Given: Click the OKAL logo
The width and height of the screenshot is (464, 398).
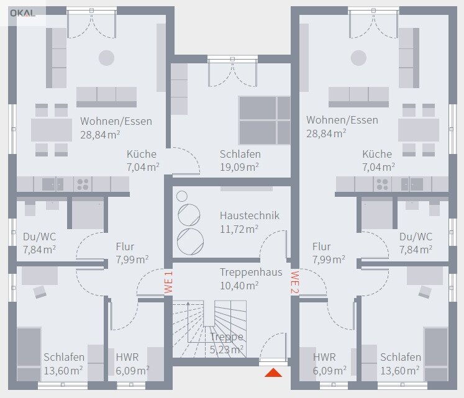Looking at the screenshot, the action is point(22,13).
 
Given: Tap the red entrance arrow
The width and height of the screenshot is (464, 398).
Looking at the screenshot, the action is point(273,373).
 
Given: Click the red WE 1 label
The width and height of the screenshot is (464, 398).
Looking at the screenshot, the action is point(168,283).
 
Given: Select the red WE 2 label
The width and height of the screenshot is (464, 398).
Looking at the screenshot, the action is point(295,283).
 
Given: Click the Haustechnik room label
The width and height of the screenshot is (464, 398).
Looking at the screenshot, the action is point(250,215).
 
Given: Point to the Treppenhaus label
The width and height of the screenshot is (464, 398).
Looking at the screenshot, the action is point(251,272).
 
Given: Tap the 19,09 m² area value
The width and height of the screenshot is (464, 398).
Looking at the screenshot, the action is point(239,167).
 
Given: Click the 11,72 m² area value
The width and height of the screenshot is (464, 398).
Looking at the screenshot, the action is point(239,229).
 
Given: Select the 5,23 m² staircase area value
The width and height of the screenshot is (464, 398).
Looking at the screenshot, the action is point(227,350).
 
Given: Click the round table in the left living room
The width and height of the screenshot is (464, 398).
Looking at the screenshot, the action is point(107,58).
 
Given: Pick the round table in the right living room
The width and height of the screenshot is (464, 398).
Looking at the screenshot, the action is point(358,58).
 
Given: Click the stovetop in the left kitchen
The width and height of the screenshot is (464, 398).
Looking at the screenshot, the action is point(83,184).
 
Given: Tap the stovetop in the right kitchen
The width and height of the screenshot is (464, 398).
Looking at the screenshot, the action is point(383,184).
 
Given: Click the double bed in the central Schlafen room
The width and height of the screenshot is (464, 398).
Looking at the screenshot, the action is point(265,120).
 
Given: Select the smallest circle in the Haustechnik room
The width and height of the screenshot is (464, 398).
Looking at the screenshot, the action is point(182,196).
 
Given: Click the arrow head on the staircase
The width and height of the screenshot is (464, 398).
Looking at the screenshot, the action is point(188,304).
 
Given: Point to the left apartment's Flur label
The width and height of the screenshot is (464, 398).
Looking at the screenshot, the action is point(125,246).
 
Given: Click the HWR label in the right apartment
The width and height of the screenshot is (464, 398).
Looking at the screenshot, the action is point(324,357).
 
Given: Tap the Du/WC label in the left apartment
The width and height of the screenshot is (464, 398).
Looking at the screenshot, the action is point(39,237).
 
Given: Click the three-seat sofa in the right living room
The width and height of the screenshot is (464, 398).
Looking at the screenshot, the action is point(358,97).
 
